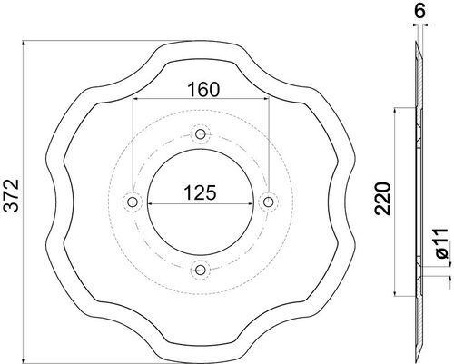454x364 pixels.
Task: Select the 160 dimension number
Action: tap(203, 90)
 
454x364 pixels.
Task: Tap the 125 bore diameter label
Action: tap(200, 192)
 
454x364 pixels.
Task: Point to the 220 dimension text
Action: tap(382, 199)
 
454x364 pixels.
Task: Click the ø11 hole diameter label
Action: tap(442, 243)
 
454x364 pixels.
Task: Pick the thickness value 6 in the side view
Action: tap(419, 12)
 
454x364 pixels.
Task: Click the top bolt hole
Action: tap(201, 133)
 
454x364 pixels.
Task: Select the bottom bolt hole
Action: tap(201, 270)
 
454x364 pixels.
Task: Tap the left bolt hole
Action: tap(133, 202)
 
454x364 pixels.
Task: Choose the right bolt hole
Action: tap(268, 202)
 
